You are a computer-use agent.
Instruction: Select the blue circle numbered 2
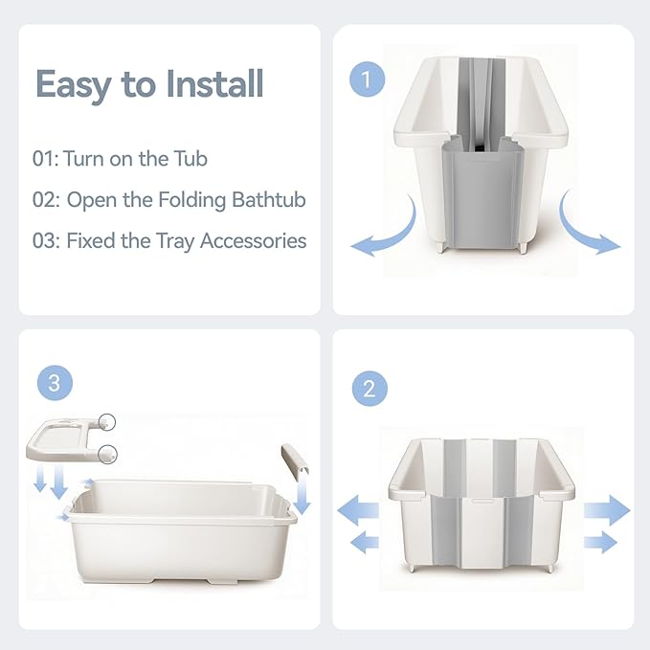tap(369, 390)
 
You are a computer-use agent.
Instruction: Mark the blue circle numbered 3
tap(54, 384)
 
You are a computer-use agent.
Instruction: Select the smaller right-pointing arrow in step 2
tap(601, 543)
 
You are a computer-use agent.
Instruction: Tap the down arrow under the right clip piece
tap(303, 496)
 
